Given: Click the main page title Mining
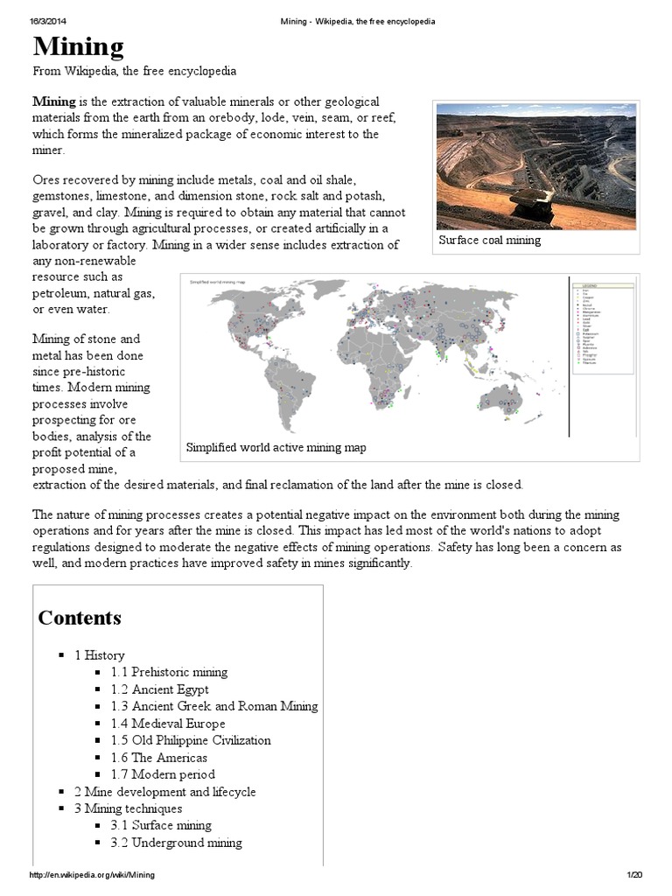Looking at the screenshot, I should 78,45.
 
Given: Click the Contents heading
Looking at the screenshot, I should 80,618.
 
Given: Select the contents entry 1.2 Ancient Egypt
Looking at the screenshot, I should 159,689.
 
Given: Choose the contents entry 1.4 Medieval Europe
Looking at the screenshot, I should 167,724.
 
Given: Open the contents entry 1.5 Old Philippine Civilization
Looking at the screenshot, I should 191,740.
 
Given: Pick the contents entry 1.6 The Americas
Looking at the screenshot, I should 158,758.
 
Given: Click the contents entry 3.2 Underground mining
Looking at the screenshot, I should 176,843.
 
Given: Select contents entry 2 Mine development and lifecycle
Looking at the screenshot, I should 164,792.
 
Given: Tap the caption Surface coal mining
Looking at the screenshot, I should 490,241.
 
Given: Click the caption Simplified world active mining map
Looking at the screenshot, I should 276,448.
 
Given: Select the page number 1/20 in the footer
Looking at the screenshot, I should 634,875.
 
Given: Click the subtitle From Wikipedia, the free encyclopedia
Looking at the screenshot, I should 134,71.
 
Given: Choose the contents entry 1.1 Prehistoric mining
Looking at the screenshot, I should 169,672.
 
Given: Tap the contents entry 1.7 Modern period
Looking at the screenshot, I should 162,774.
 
